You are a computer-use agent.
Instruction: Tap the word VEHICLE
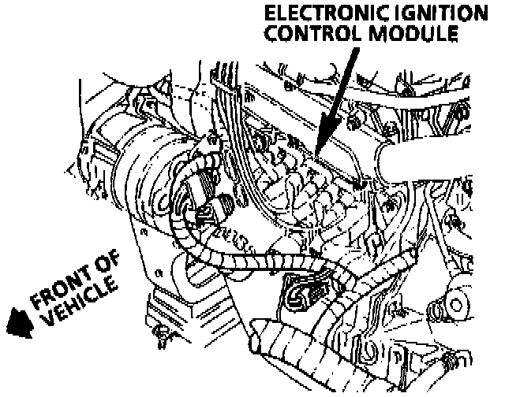(79, 310)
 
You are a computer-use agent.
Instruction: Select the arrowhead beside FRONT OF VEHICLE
(14, 322)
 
